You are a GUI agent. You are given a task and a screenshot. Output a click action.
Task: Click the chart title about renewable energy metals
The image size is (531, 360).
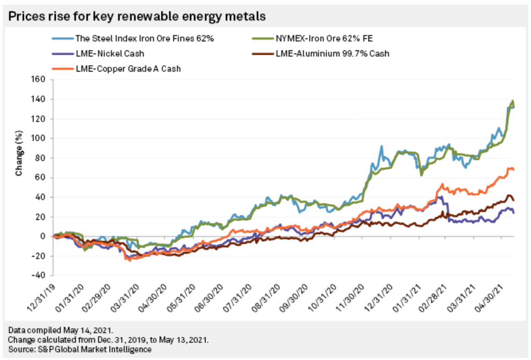136,16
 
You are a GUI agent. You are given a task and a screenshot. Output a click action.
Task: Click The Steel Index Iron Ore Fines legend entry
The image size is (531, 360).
125,39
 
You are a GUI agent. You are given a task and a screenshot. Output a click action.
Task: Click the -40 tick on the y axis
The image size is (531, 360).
40,276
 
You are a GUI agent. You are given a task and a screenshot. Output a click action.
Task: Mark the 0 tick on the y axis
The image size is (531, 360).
45,236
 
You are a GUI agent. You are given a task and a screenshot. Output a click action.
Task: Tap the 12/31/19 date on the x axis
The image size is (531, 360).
40,295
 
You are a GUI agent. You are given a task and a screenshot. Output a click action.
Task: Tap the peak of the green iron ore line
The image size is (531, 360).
512,100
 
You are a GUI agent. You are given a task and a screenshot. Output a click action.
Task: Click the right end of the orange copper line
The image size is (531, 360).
513,169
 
